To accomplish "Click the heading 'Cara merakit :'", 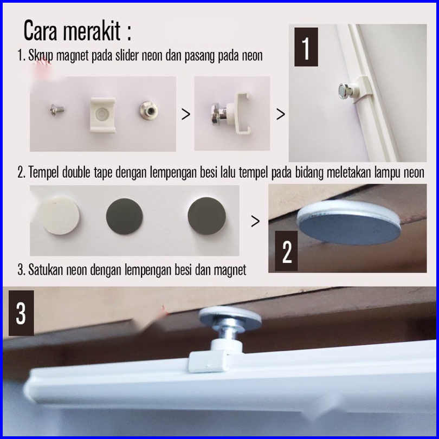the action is [78, 30].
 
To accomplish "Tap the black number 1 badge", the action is [306, 47].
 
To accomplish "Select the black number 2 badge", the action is [286, 251].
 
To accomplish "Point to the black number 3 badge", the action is [21, 313].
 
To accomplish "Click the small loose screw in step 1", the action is [57, 109].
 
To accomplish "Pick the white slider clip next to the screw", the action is [103, 115].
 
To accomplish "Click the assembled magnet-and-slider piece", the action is [230, 111].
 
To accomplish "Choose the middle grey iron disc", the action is [124, 216].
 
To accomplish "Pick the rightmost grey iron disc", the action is [206, 216].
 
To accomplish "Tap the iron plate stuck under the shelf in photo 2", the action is [348, 227].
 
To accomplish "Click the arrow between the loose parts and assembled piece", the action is [185, 114].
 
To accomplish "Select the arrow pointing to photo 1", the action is [281, 114].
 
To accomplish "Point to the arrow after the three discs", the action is [255, 221].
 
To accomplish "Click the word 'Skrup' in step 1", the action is [41, 56].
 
